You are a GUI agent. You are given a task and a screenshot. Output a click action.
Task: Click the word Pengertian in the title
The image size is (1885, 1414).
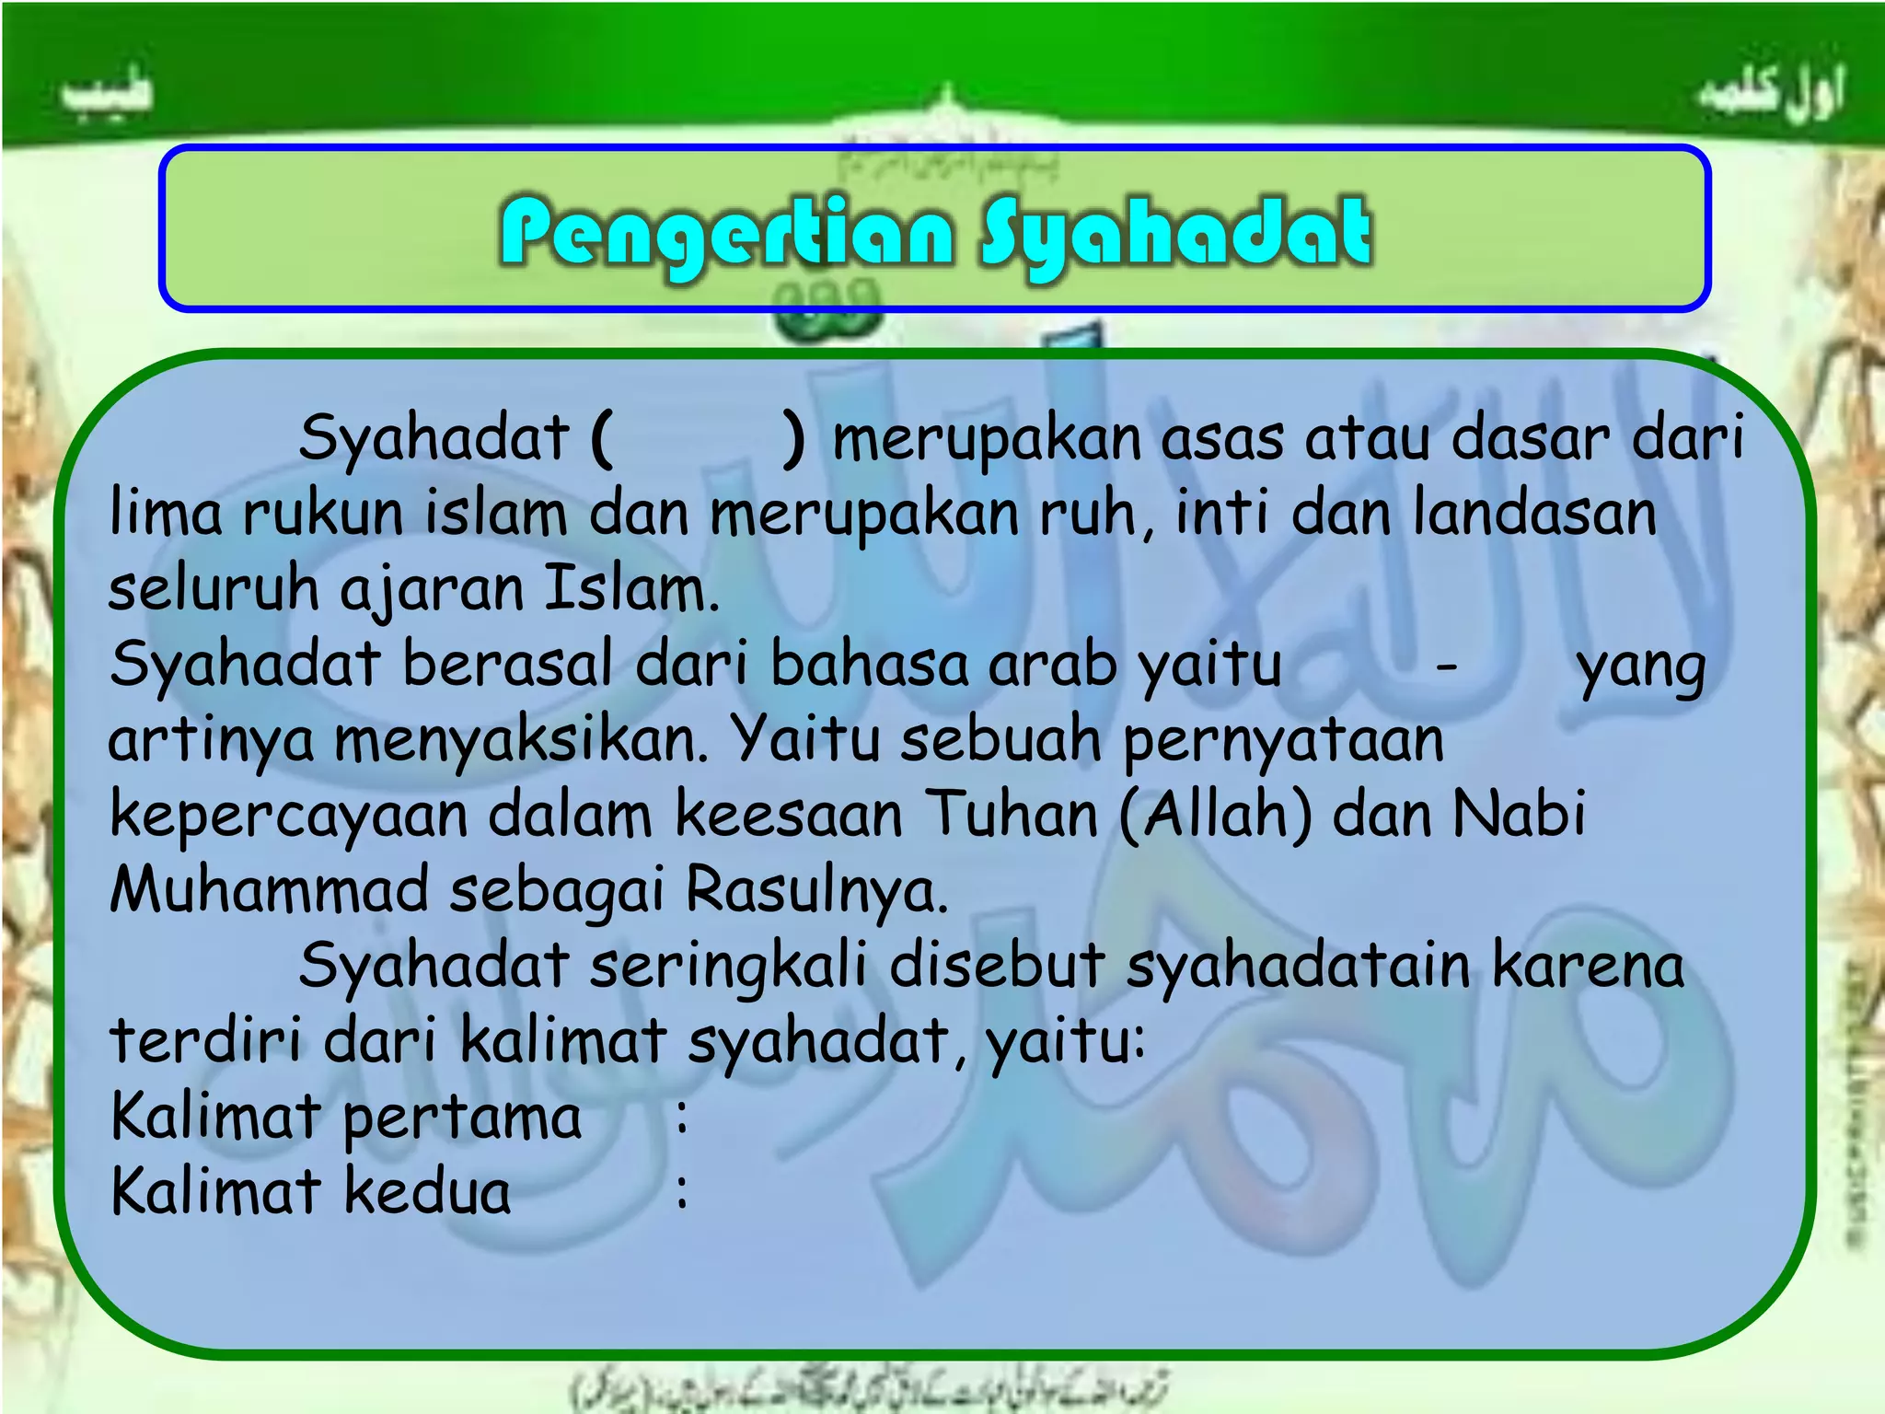pos(727,233)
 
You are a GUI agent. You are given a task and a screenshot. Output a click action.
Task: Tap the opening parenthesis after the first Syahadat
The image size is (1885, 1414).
pos(602,438)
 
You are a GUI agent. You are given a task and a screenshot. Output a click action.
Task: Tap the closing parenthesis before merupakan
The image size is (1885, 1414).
pos(792,438)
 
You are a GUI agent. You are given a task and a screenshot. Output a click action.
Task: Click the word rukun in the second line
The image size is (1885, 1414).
pos(322,514)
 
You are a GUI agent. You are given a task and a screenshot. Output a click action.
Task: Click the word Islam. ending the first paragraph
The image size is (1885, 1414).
pos(631,589)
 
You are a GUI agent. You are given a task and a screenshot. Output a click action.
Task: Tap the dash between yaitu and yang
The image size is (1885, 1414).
pos(1447,665)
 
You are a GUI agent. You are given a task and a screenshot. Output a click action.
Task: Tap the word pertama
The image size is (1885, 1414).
pos(462,1118)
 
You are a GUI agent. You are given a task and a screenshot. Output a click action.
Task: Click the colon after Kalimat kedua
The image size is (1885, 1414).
pos(681,1191)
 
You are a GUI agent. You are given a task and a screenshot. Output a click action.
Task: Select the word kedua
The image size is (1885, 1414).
pos(427,1191)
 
